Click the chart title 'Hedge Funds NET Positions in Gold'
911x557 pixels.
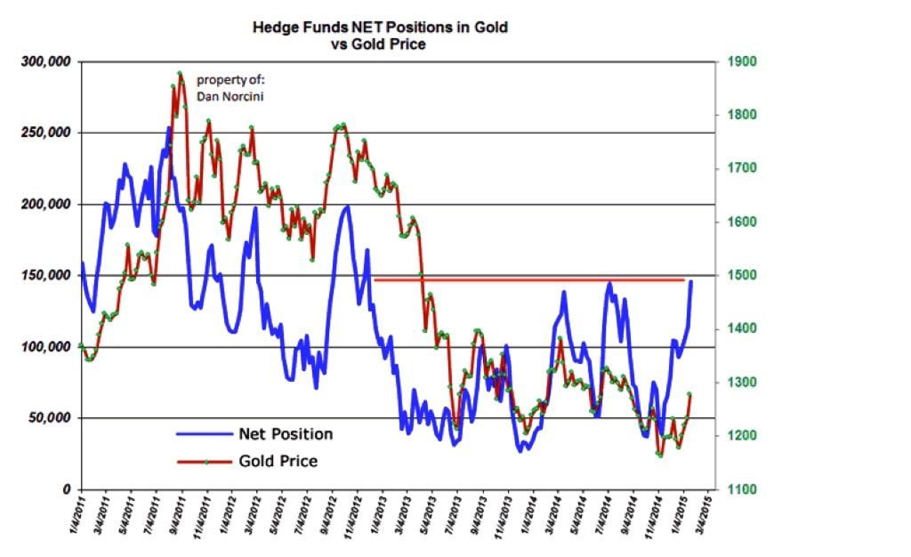pos(381,28)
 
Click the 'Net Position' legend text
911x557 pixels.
pos(286,434)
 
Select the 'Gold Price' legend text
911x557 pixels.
pos(278,461)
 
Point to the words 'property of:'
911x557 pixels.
pos(225,81)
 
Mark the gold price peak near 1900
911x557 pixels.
pos(180,74)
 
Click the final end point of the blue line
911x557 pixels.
pos(691,282)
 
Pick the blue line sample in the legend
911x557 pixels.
pos(203,434)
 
